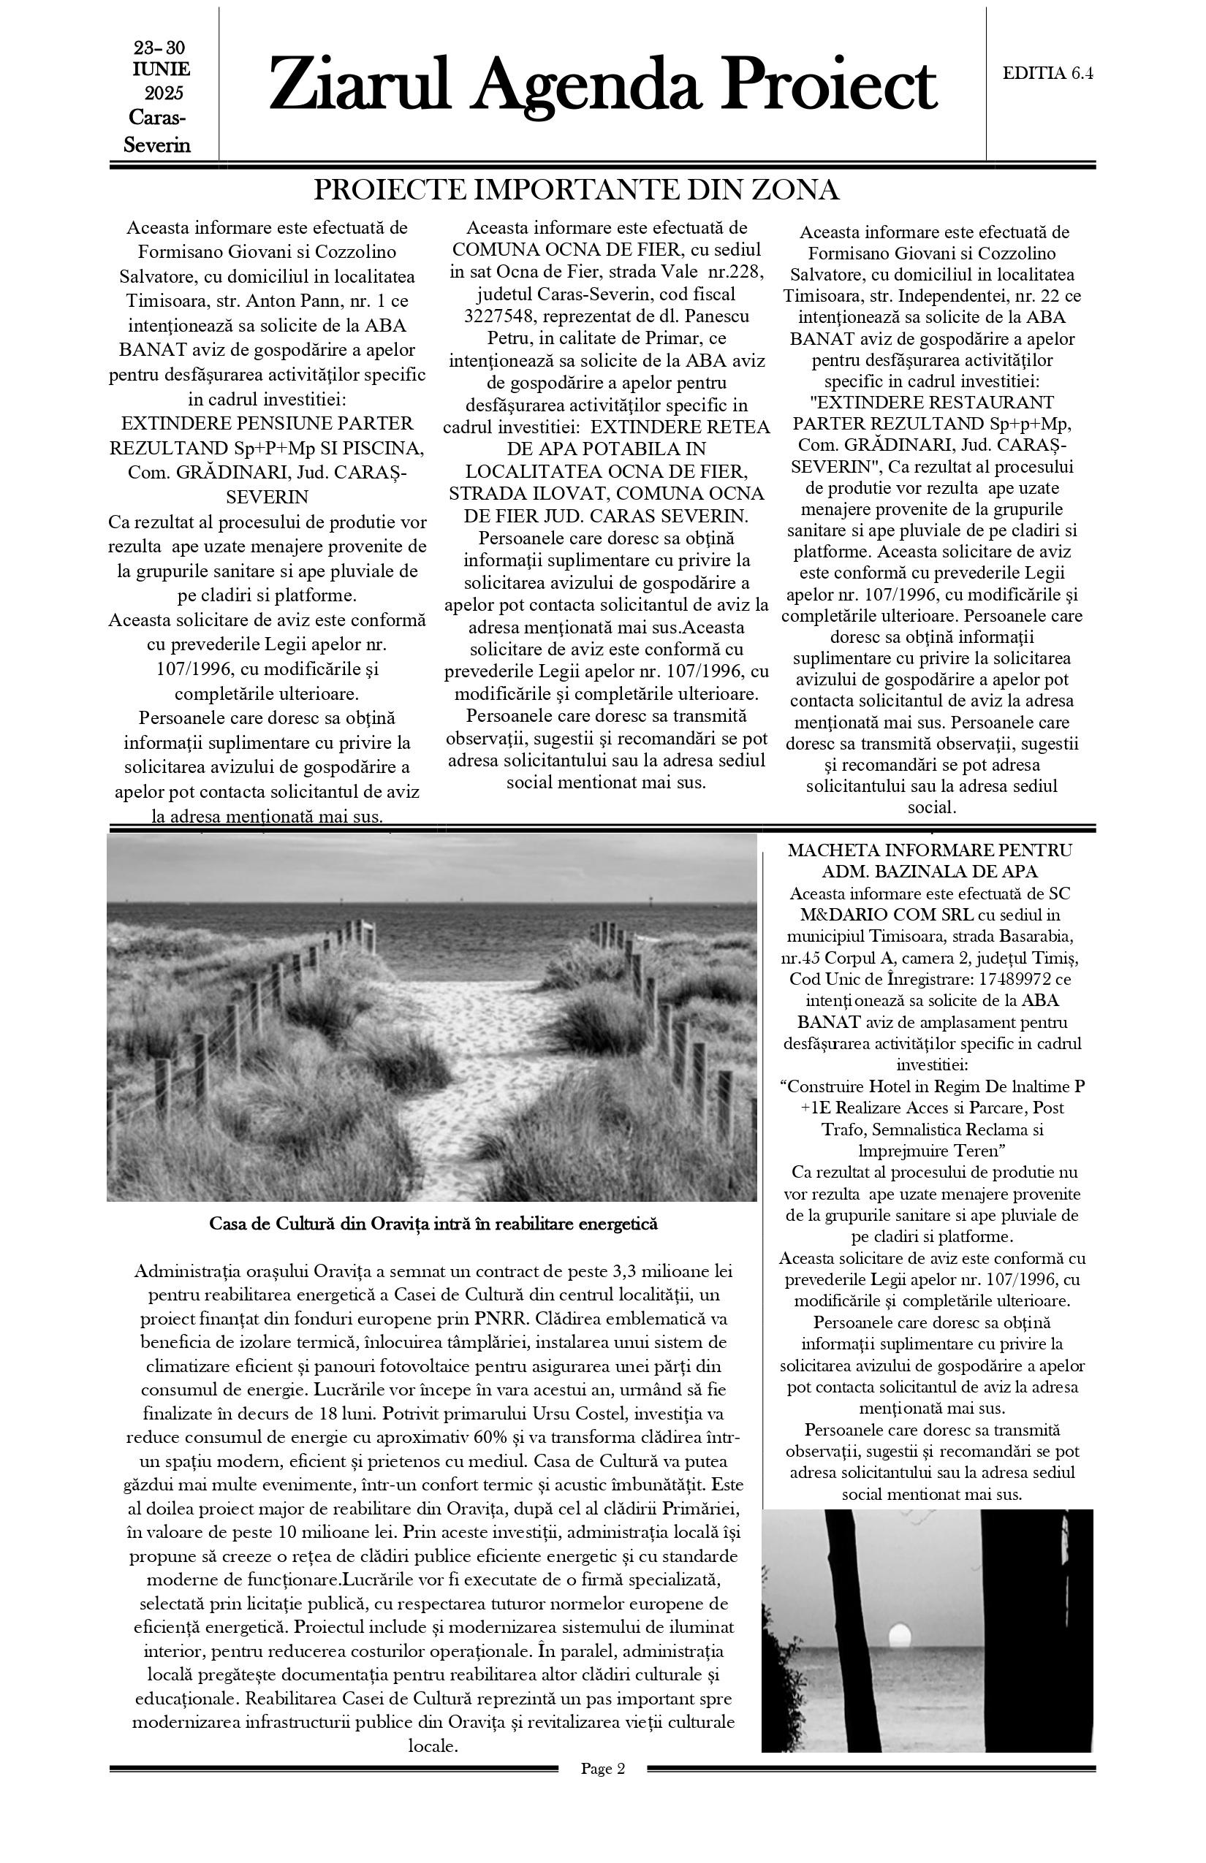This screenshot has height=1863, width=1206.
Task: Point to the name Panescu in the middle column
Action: pyautogui.click(x=713, y=317)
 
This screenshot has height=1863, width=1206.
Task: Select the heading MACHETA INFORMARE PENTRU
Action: pyautogui.click(x=930, y=850)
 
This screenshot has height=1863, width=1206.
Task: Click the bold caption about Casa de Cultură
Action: pyautogui.click(x=433, y=1224)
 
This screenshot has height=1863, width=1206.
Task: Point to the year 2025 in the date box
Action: pyautogui.click(x=164, y=94)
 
